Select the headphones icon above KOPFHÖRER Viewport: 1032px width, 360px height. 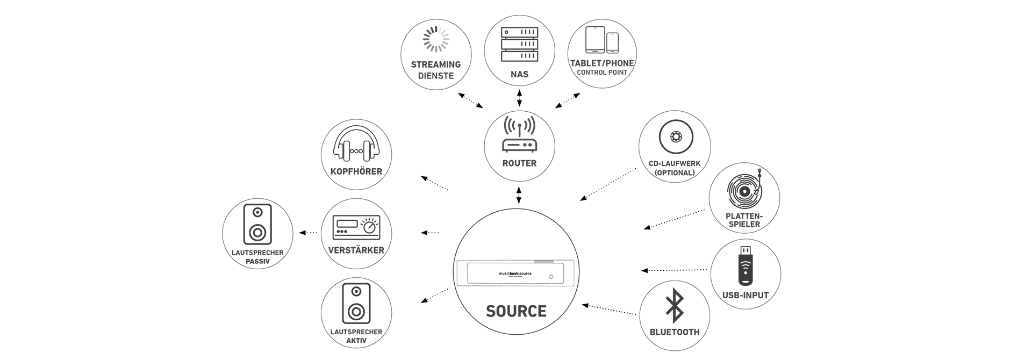pyautogui.click(x=356, y=144)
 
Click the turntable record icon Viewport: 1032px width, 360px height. pyautogui.click(x=744, y=191)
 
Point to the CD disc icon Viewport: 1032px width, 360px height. pyautogui.click(x=675, y=137)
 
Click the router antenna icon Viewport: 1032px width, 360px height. pyautogui.click(x=519, y=134)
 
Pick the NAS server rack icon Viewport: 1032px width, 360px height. pyautogui.click(x=519, y=44)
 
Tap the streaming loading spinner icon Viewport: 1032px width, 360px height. pyautogui.click(x=436, y=39)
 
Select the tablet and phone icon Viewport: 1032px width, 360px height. pyautogui.click(x=601, y=39)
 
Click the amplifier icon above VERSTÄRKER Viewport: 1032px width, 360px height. pyautogui.click(x=356, y=227)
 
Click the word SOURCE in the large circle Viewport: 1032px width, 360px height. pyautogui.click(x=516, y=311)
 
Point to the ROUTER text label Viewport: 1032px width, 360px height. pyautogui.click(x=519, y=163)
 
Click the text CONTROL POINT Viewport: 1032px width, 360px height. pyautogui.click(x=602, y=73)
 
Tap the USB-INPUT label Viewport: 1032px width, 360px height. pyautogui.click(x=746, y=295)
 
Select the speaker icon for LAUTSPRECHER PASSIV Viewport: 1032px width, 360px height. pyautogui.click(x=257, y=225)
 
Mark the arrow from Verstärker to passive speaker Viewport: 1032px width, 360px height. pyautogui.click(x=308, y=233)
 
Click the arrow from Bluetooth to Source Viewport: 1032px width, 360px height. pyautogui.click(x=610, y=309)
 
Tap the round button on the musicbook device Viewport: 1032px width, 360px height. pyautogui.click(x=551, y=277)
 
